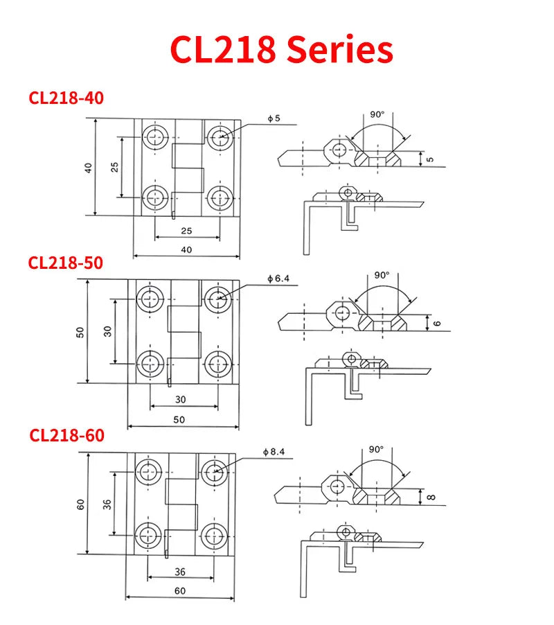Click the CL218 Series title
[281, 50]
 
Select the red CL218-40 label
[66, 98]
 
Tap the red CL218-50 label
[66, 263]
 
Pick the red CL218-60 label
[66, 435]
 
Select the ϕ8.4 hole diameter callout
[274, 452]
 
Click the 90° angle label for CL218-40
[377, 114]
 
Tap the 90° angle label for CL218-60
[376, 449]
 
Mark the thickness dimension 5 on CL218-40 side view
[431, 159]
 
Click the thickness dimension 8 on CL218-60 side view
[430, 496]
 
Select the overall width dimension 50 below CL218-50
[179, 420]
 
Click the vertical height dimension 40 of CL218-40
[89, 168]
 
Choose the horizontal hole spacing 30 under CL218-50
[180, 399]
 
